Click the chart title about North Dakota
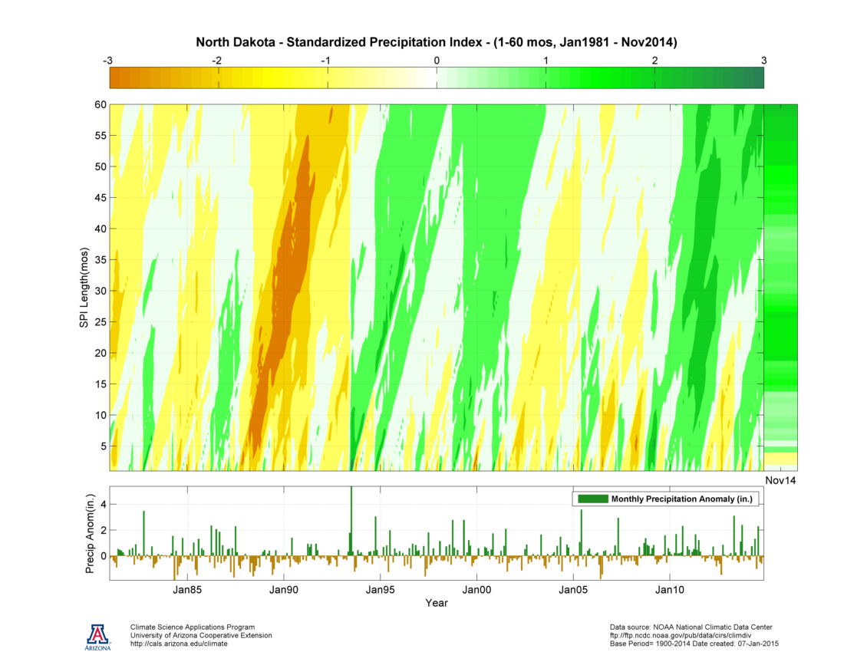(437, 42)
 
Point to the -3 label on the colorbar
(110, 60)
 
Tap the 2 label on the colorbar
(654, 60)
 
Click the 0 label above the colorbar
(437, 60)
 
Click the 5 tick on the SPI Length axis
(101, 446)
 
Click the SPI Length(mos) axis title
(84, 288)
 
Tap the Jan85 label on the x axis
(187, 590)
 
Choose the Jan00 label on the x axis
(476, 590)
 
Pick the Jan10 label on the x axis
(669, 590)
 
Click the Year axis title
(437, 603)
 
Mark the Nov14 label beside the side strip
(780, 479)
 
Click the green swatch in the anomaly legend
(592, 499)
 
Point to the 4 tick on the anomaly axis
(101, 505)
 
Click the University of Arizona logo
(98, 636)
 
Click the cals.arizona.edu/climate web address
(179, 644)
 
